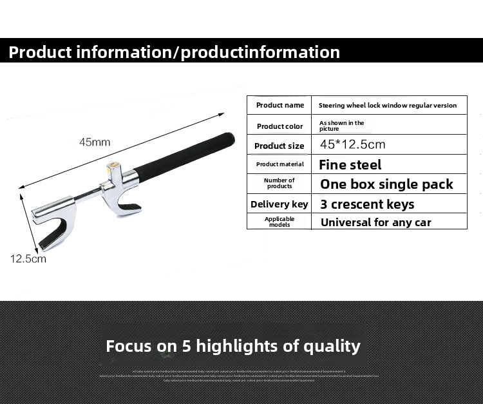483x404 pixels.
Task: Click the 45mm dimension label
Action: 95,142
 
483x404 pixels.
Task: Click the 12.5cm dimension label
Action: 28,259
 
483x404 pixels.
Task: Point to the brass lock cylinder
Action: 113,166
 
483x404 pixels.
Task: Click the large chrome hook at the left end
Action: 52,226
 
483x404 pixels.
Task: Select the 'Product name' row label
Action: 279,105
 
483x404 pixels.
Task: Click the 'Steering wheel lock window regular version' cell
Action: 388,105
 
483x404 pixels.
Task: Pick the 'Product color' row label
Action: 279,126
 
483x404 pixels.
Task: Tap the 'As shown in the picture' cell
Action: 341,125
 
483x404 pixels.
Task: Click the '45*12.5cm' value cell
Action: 352,144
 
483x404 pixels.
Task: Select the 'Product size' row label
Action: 279,146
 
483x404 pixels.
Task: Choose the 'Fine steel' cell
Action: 350,164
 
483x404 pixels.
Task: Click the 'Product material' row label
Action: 279,164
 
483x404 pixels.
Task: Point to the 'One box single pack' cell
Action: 386,184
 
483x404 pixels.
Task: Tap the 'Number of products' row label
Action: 279,184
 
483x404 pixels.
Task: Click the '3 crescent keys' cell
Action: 367,204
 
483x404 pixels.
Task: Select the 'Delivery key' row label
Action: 279,204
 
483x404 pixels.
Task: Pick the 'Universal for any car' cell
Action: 375,222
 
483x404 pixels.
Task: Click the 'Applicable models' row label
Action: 279,222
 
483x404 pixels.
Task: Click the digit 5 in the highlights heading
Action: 187,346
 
